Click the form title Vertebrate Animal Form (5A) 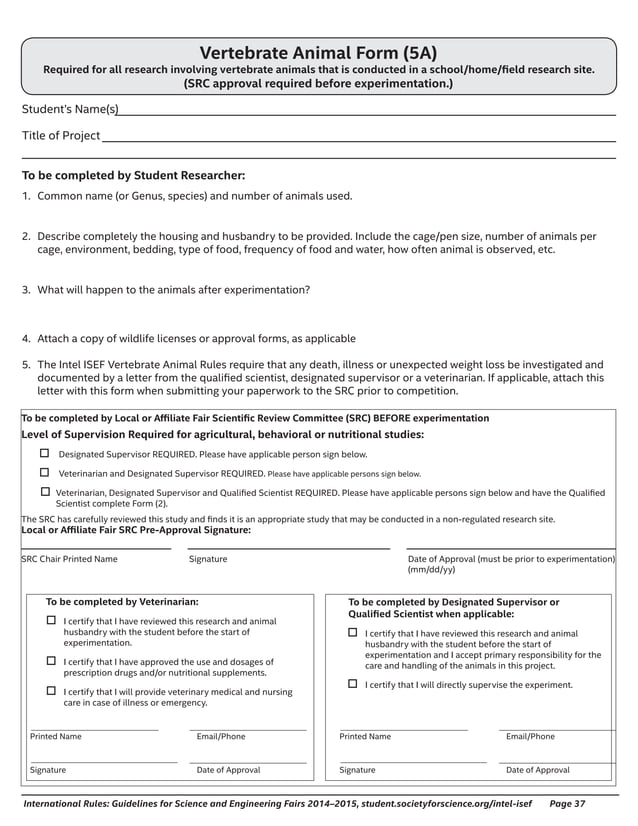pyautogui.click(x=318, y=53)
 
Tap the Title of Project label pyautogui.click(x=61, y=135)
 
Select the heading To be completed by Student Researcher pyautogui.click(x=133, y=175)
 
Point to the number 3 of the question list pyautogui.click(x=26, y=290)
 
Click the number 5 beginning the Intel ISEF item pyautogui.click(x=26, y=365)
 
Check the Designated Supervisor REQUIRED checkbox pyautogui.click(x=44, y=453)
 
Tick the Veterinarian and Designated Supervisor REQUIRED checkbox pyautogui.click(x=44, y=472)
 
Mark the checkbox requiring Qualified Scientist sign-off pyautogui.click(x=44, y=492)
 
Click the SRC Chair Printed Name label pyautogui.click(x=69, y=559)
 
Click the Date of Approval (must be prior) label pyautogui.click(x=511, y=559)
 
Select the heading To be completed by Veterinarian pyautogui.click(x=122, y=602)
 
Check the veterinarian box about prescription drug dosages pyautogui.click(x=52, y=661)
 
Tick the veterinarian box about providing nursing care pyautogui.click(x=52, y=691)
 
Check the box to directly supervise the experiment pyautogui.click(x=352, y=684)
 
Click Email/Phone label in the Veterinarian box pyautogui.click(x=221, y=737)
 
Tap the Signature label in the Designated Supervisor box pyautogui.click(x=357, y=770)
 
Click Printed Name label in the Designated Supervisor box pyautogui.click(x=365, y=737)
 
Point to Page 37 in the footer pyautogui.click(x=567, y=803)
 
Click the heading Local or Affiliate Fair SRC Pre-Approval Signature pyautogui.click(x=136, y=530)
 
